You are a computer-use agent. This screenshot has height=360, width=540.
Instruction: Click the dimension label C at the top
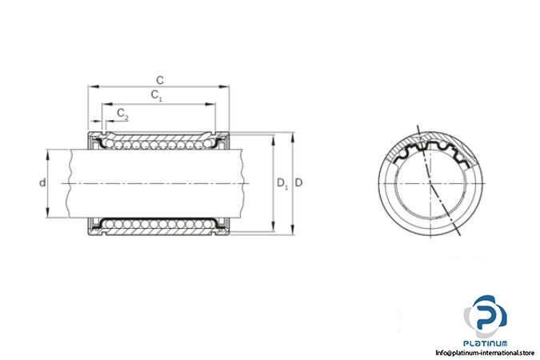160,80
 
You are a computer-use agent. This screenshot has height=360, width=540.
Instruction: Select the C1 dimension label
156,95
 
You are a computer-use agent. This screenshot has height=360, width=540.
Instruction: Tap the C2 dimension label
122,114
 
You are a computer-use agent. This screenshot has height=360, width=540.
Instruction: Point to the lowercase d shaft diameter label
42,182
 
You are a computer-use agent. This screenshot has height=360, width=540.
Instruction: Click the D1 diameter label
282,183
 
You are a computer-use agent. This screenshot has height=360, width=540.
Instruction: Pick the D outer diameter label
299,182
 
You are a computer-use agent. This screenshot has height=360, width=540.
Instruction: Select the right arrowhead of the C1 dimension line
210,104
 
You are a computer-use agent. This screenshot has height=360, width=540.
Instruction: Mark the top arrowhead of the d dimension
47,154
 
